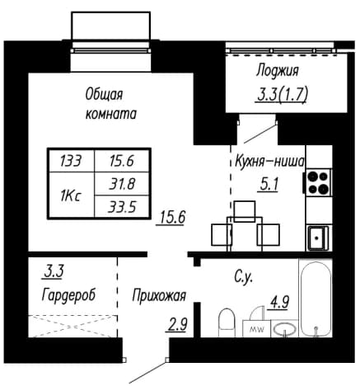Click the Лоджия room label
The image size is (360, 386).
[277, 71]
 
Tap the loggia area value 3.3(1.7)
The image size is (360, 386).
[281, 95]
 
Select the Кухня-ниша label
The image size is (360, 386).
[269, 162]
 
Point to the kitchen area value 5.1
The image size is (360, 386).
[269, 185]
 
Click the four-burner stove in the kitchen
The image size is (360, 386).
[318, 181]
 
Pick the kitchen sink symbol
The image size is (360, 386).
[318, 238]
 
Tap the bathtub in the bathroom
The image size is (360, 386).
[316, 299]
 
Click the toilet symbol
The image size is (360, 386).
[227, 322]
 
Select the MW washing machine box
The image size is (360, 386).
[257, 328]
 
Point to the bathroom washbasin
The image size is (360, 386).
[284, 328]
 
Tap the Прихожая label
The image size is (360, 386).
[159, 296]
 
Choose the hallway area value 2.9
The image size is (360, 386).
[177, 325]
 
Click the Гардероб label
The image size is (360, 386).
[68, 295]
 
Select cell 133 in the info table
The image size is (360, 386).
[71, 161]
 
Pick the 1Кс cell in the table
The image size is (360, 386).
[71, 195]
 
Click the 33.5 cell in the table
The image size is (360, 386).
[122, 207]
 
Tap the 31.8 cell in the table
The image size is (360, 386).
[122, 184]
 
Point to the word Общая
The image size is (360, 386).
[104, 95]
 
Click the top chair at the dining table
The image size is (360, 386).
[245, 211]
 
